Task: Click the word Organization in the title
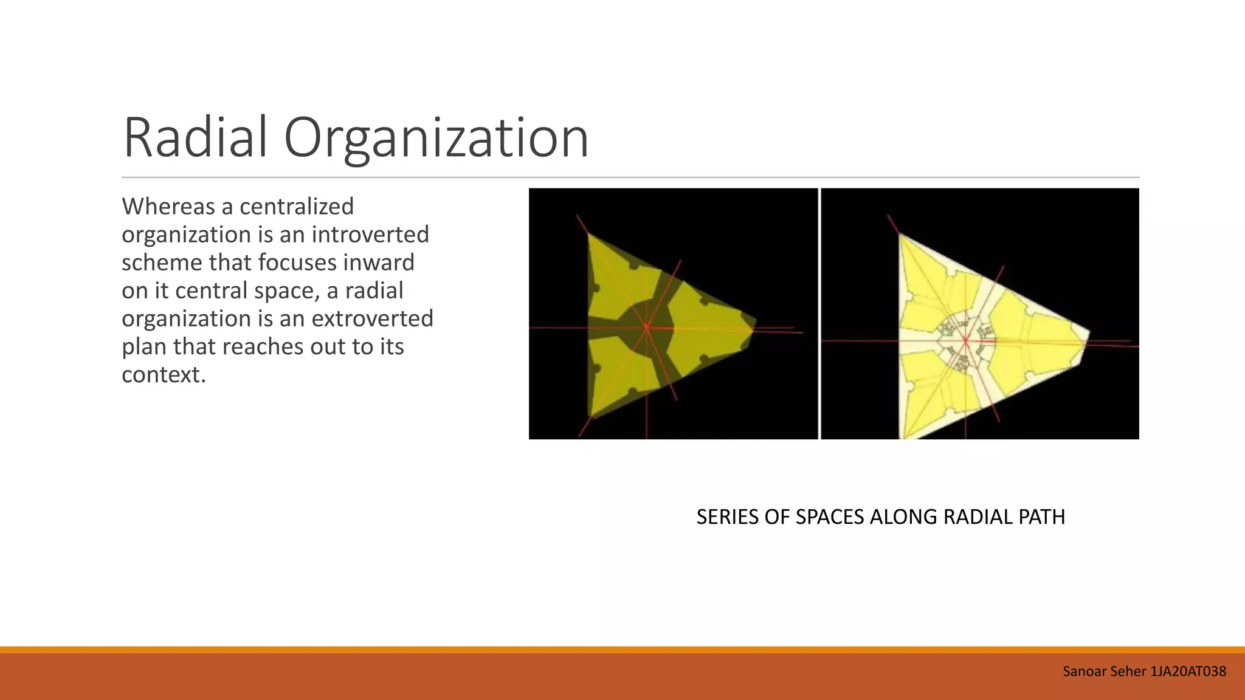pos(436,139)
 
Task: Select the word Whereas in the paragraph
pos(168,207)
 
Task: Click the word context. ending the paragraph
pos(164,375)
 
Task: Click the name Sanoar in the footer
pos(1081,671)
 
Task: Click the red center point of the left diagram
pos(646,328)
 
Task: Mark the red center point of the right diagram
pos(965,340)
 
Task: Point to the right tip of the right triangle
pos(1088,333)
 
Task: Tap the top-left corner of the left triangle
pos(588,235)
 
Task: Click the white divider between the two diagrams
pos(819,314)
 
